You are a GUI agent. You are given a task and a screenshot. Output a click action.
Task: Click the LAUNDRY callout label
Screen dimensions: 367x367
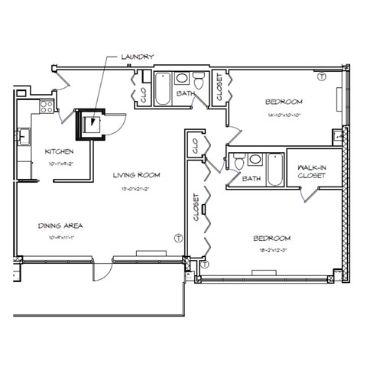tap(137, 57)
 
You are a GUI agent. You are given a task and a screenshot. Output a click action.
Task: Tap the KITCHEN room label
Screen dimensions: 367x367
tap(58, 151)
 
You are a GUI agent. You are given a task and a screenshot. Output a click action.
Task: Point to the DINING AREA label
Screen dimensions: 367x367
tap(60, 226)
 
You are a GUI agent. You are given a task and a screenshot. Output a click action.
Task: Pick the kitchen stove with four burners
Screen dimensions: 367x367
tap(44, 104)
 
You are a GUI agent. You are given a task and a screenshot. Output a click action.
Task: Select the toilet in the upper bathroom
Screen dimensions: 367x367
tap(197, 82)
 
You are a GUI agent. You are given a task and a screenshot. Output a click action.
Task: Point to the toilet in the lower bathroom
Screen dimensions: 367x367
tap(238, 161)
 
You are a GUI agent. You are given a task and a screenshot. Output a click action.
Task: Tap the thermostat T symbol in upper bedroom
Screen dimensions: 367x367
tap(321, 76)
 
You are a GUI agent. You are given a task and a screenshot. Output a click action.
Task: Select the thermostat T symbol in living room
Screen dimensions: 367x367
tap(178, 239)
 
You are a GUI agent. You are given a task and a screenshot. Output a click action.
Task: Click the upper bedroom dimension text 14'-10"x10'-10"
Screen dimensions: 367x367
tap(284, 114)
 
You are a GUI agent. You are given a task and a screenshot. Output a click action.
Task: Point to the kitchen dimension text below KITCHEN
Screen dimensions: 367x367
tap(58, 163)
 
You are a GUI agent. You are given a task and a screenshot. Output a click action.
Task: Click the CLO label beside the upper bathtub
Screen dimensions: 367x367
tap(143, 94)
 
